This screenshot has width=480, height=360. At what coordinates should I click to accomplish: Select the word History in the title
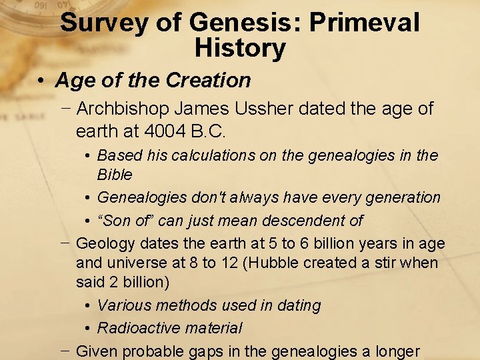pos(240,48)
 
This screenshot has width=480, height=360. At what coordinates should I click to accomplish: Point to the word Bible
pos(115,175)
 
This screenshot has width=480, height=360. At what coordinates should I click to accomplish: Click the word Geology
pos(107,243)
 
